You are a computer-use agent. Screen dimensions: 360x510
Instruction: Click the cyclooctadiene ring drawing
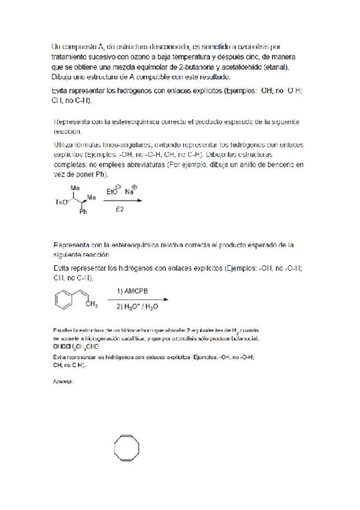coord(129,448)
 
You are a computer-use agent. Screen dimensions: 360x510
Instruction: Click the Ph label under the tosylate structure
coord(84,212)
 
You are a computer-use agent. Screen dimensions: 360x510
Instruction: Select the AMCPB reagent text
coord(136,290)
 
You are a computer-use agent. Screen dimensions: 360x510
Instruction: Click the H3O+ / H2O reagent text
coord(139,306)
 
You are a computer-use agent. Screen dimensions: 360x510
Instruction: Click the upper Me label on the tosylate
coord(76,188)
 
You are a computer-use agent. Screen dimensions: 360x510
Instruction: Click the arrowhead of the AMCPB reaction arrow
coord(165,299)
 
